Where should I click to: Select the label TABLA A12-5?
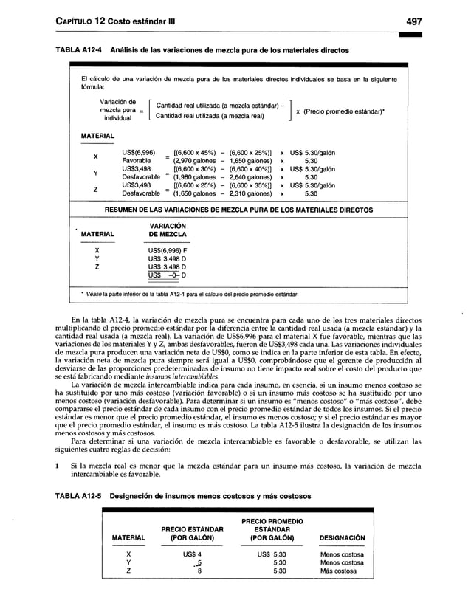(77, 495)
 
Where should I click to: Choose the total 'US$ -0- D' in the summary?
(166, 275)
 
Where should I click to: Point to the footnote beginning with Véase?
(192, 295)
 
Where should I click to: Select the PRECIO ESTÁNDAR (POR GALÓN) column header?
(191, 533)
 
